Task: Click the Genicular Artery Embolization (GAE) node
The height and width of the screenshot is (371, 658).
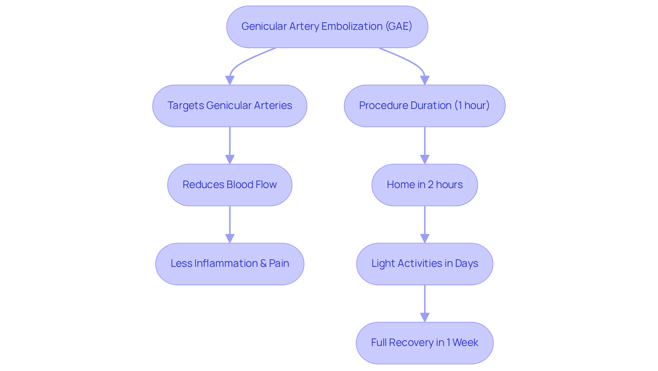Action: pyautogui.click(x=327, y=27)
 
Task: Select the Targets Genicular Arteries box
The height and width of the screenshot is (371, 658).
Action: pyautogui.click(x=230, y=106)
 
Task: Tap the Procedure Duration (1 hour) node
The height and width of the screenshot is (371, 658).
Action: pyautogui.click(x=424, y=106)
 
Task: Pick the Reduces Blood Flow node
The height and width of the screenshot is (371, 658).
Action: pyautogui.click(x=230, y=185)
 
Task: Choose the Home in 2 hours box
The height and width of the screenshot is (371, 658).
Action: pyautogui.click(x=424, y=185)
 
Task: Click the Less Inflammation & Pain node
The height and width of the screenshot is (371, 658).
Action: pyautogui.click(x=230, y=264)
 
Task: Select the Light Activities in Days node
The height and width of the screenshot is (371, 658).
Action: pyautogui.click(x=424, y=264)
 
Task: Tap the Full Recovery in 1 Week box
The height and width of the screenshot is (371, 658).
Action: pyautogui.click(x=424, y=343)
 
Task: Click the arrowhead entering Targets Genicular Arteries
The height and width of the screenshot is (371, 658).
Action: pyautogui.click(x=230, y=80)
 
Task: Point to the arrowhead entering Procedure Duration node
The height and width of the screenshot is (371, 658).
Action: pyautogui.click(x=425, y=80)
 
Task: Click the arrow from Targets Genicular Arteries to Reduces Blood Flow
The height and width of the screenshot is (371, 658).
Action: pyautogui.click(x=230, y=144)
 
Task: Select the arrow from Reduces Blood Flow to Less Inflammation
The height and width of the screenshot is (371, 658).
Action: pyautogui.click(x=230, y=223)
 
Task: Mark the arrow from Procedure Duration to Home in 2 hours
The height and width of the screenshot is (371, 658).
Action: pyautogui.click(x=425, y=144)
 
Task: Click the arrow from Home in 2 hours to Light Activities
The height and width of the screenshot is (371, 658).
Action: pyautogui.click(x=425, y=223)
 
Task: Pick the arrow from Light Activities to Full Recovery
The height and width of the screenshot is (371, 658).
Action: pyautogui.click(x=425, y=301)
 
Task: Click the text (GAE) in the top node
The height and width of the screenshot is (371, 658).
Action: pyautogui.click(x=399, y=26)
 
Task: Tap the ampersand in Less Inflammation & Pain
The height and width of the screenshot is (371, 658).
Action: pyautogui.click(x=263, y=263)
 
